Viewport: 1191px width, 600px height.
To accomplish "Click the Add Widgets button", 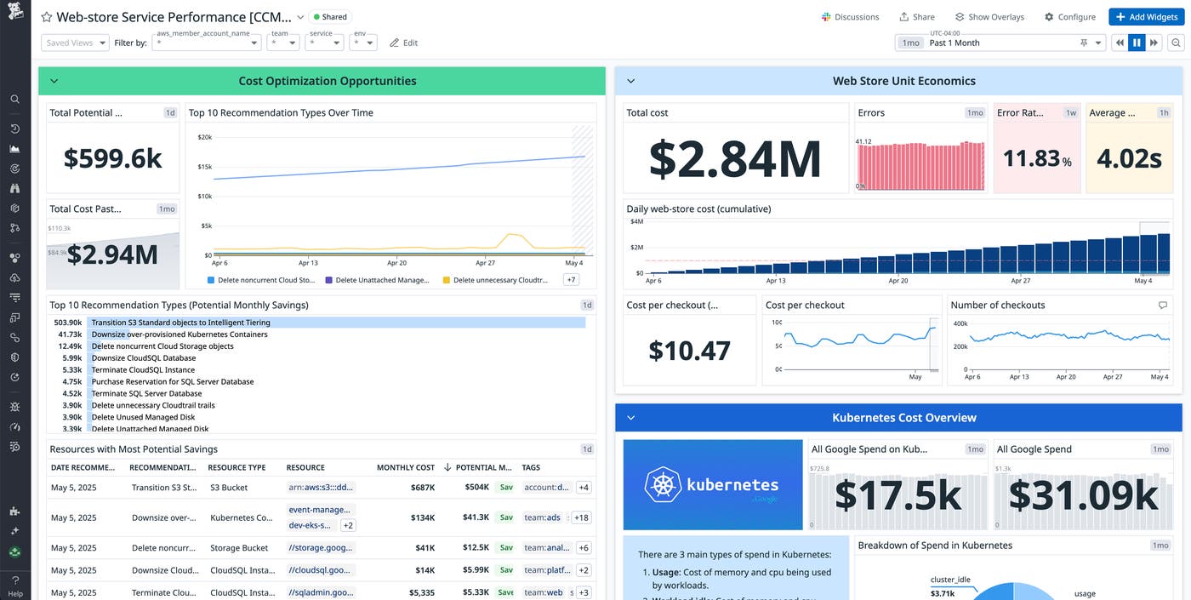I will [x=1145, y=17].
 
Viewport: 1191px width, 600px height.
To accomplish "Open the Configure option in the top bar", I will [x=1070, y=17].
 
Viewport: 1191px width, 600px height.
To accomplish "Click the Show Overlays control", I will [x=989, y=17].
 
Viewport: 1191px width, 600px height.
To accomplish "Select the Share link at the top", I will [x=917, y=17].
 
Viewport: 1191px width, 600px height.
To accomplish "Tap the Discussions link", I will [x=850, y=17].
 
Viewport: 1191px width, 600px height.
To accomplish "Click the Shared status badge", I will [x=329, y=17].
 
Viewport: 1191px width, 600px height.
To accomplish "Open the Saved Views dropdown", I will [x=75, y=43].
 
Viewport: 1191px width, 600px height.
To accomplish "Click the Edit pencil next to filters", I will [x=403, y=43].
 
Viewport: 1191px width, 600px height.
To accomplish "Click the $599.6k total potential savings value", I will [x=113, y=158].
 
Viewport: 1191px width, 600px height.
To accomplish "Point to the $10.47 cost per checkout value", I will [x=689, y=350].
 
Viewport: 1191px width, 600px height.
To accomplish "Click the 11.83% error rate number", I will [x=1037, y=158].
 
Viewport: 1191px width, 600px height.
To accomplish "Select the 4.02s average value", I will [x=1129, y=158].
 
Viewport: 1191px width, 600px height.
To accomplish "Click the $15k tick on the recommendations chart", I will [x=204, y=167].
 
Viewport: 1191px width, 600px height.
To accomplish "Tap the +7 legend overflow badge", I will [x=571, y=280].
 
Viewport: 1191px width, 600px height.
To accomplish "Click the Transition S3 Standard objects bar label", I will [x=181, y=323].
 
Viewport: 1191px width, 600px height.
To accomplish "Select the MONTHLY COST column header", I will [x=405, y=467].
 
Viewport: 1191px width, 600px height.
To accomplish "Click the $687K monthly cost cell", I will [x=422, y=488].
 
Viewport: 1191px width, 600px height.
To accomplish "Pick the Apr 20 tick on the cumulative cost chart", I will [x=898, y=281].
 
